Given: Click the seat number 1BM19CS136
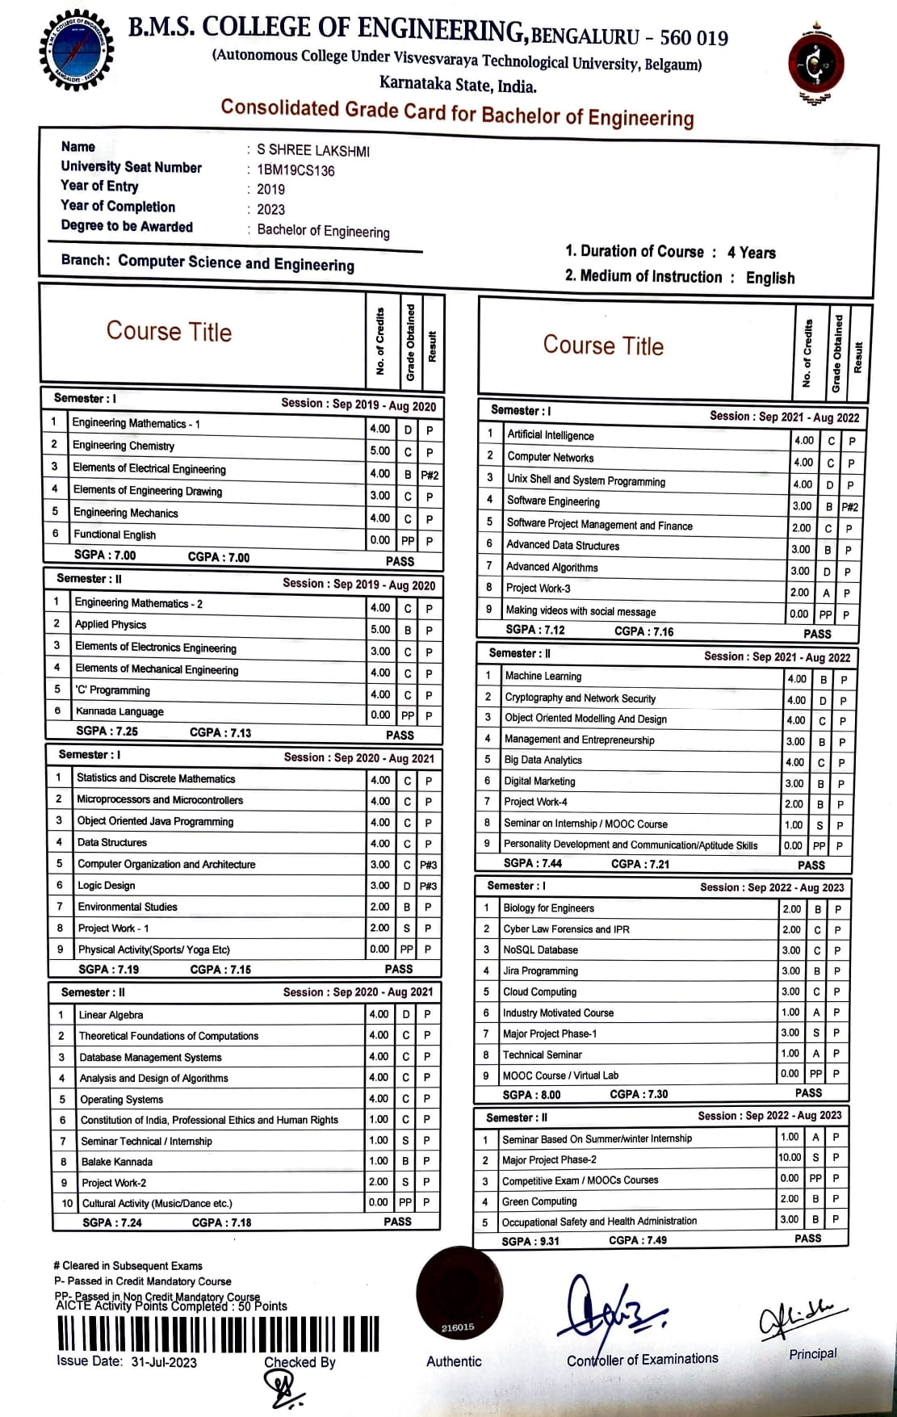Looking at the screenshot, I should pos(296,170).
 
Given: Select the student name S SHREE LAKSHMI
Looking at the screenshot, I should pos(313,150).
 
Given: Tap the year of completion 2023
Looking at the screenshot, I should pos(270,209).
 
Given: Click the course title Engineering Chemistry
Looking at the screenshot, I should pos(124,446).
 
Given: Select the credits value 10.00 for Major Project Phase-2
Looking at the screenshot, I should pos(790,1158).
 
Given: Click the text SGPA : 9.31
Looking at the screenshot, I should pos(530,1241).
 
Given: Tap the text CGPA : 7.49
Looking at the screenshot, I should pos(638,1240).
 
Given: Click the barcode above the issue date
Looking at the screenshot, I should pos(218,1334).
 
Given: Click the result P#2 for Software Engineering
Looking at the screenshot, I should pos(849,507).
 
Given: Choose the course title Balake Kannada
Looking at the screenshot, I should pos(116,1162).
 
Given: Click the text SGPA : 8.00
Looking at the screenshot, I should pos(531,1095).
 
